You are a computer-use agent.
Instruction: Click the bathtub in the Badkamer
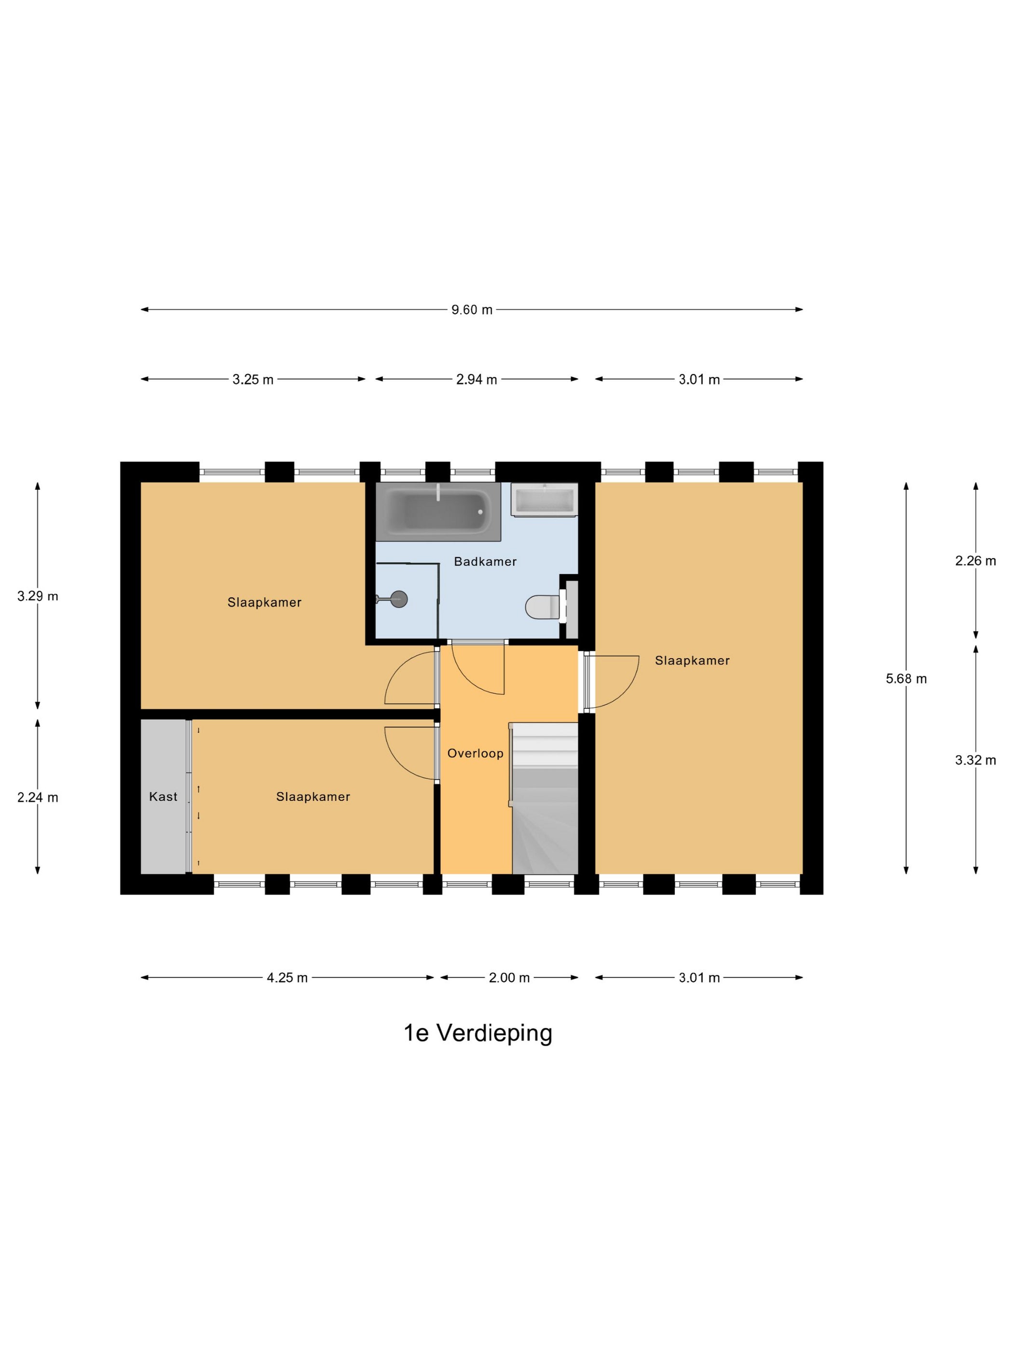coord(438,511)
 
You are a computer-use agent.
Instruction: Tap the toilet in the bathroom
coord(543,607)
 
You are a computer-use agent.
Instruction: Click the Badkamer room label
coord(485,561)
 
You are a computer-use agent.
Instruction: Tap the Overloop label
coord(475,753)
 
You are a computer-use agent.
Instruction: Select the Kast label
coord(163,797)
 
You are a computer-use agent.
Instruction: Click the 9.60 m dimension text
coord(472,310)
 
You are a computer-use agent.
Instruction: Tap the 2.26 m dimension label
coord(976,561)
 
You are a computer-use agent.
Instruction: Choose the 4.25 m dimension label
coord(287,978)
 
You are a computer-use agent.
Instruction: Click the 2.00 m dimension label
coord(509,978)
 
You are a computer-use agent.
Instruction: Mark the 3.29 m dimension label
coord(38,596)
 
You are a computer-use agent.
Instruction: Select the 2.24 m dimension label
coord(38,797)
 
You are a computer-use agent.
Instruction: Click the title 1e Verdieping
coord(478,1033)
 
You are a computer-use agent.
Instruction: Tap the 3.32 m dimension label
coord(976,760)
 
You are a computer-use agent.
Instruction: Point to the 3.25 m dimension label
coord(253,379)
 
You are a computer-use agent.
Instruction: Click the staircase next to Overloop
coord(544,798)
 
